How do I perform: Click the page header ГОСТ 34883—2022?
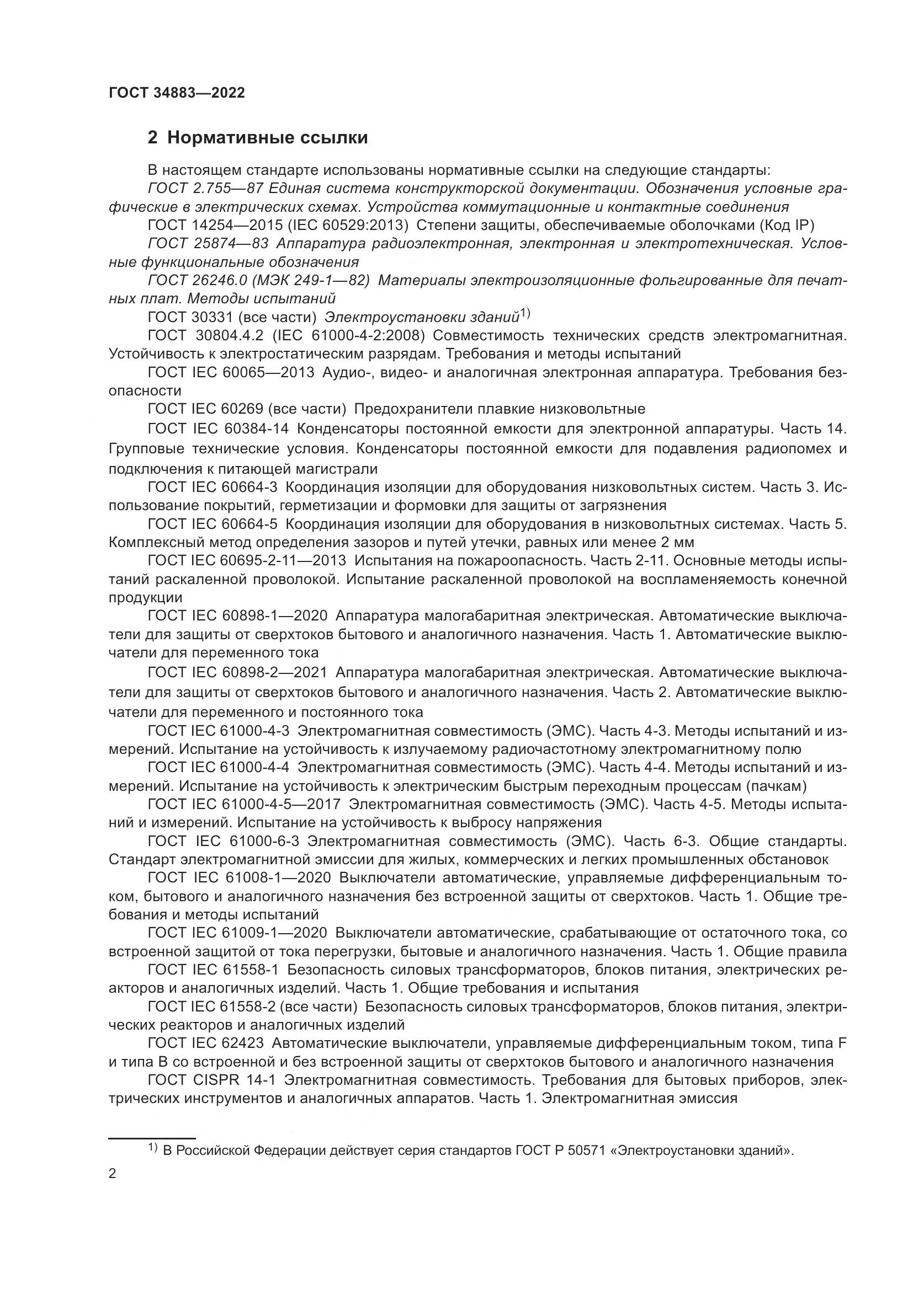[177, 93]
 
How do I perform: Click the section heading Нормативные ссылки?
[267, 137]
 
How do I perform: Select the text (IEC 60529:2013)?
[348, 226]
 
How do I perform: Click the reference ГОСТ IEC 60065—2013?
[231, 372]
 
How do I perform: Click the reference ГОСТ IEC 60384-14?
[218, 429]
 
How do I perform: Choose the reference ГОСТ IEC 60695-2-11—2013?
[247, 560]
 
